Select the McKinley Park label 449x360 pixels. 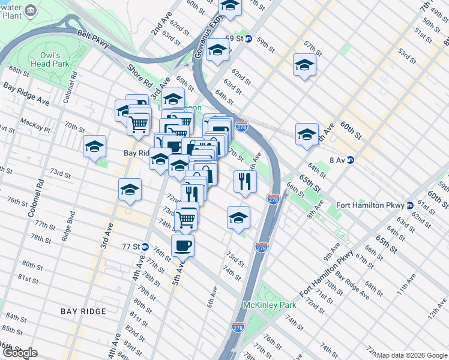coord(270,305)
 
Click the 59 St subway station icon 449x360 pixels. coord(246,39)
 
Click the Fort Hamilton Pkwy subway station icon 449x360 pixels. coord(410,205)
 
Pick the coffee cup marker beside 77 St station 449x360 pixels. coord(182,245)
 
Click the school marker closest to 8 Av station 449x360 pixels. coord(307,134)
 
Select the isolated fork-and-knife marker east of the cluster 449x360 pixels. coord(245,181)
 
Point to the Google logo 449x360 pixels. coord(19,353)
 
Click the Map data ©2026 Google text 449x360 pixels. coord(412,355)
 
